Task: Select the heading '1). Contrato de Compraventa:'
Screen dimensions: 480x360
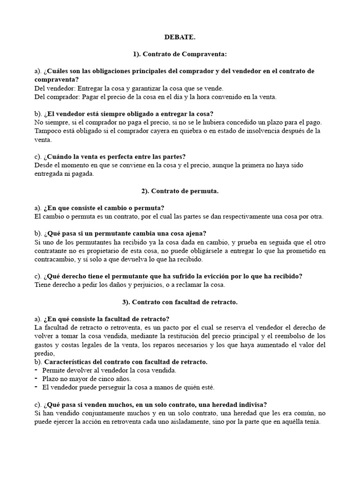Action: (180, 54)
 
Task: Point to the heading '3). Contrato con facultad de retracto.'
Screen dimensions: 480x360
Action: (180, 302)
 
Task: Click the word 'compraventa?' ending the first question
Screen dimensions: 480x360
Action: (57, 80)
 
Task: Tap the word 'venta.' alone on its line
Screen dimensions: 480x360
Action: (43, 140)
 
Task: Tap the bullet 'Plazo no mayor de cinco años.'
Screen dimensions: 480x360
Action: (87, 378)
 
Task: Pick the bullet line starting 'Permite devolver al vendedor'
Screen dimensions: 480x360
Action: (109, 370)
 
